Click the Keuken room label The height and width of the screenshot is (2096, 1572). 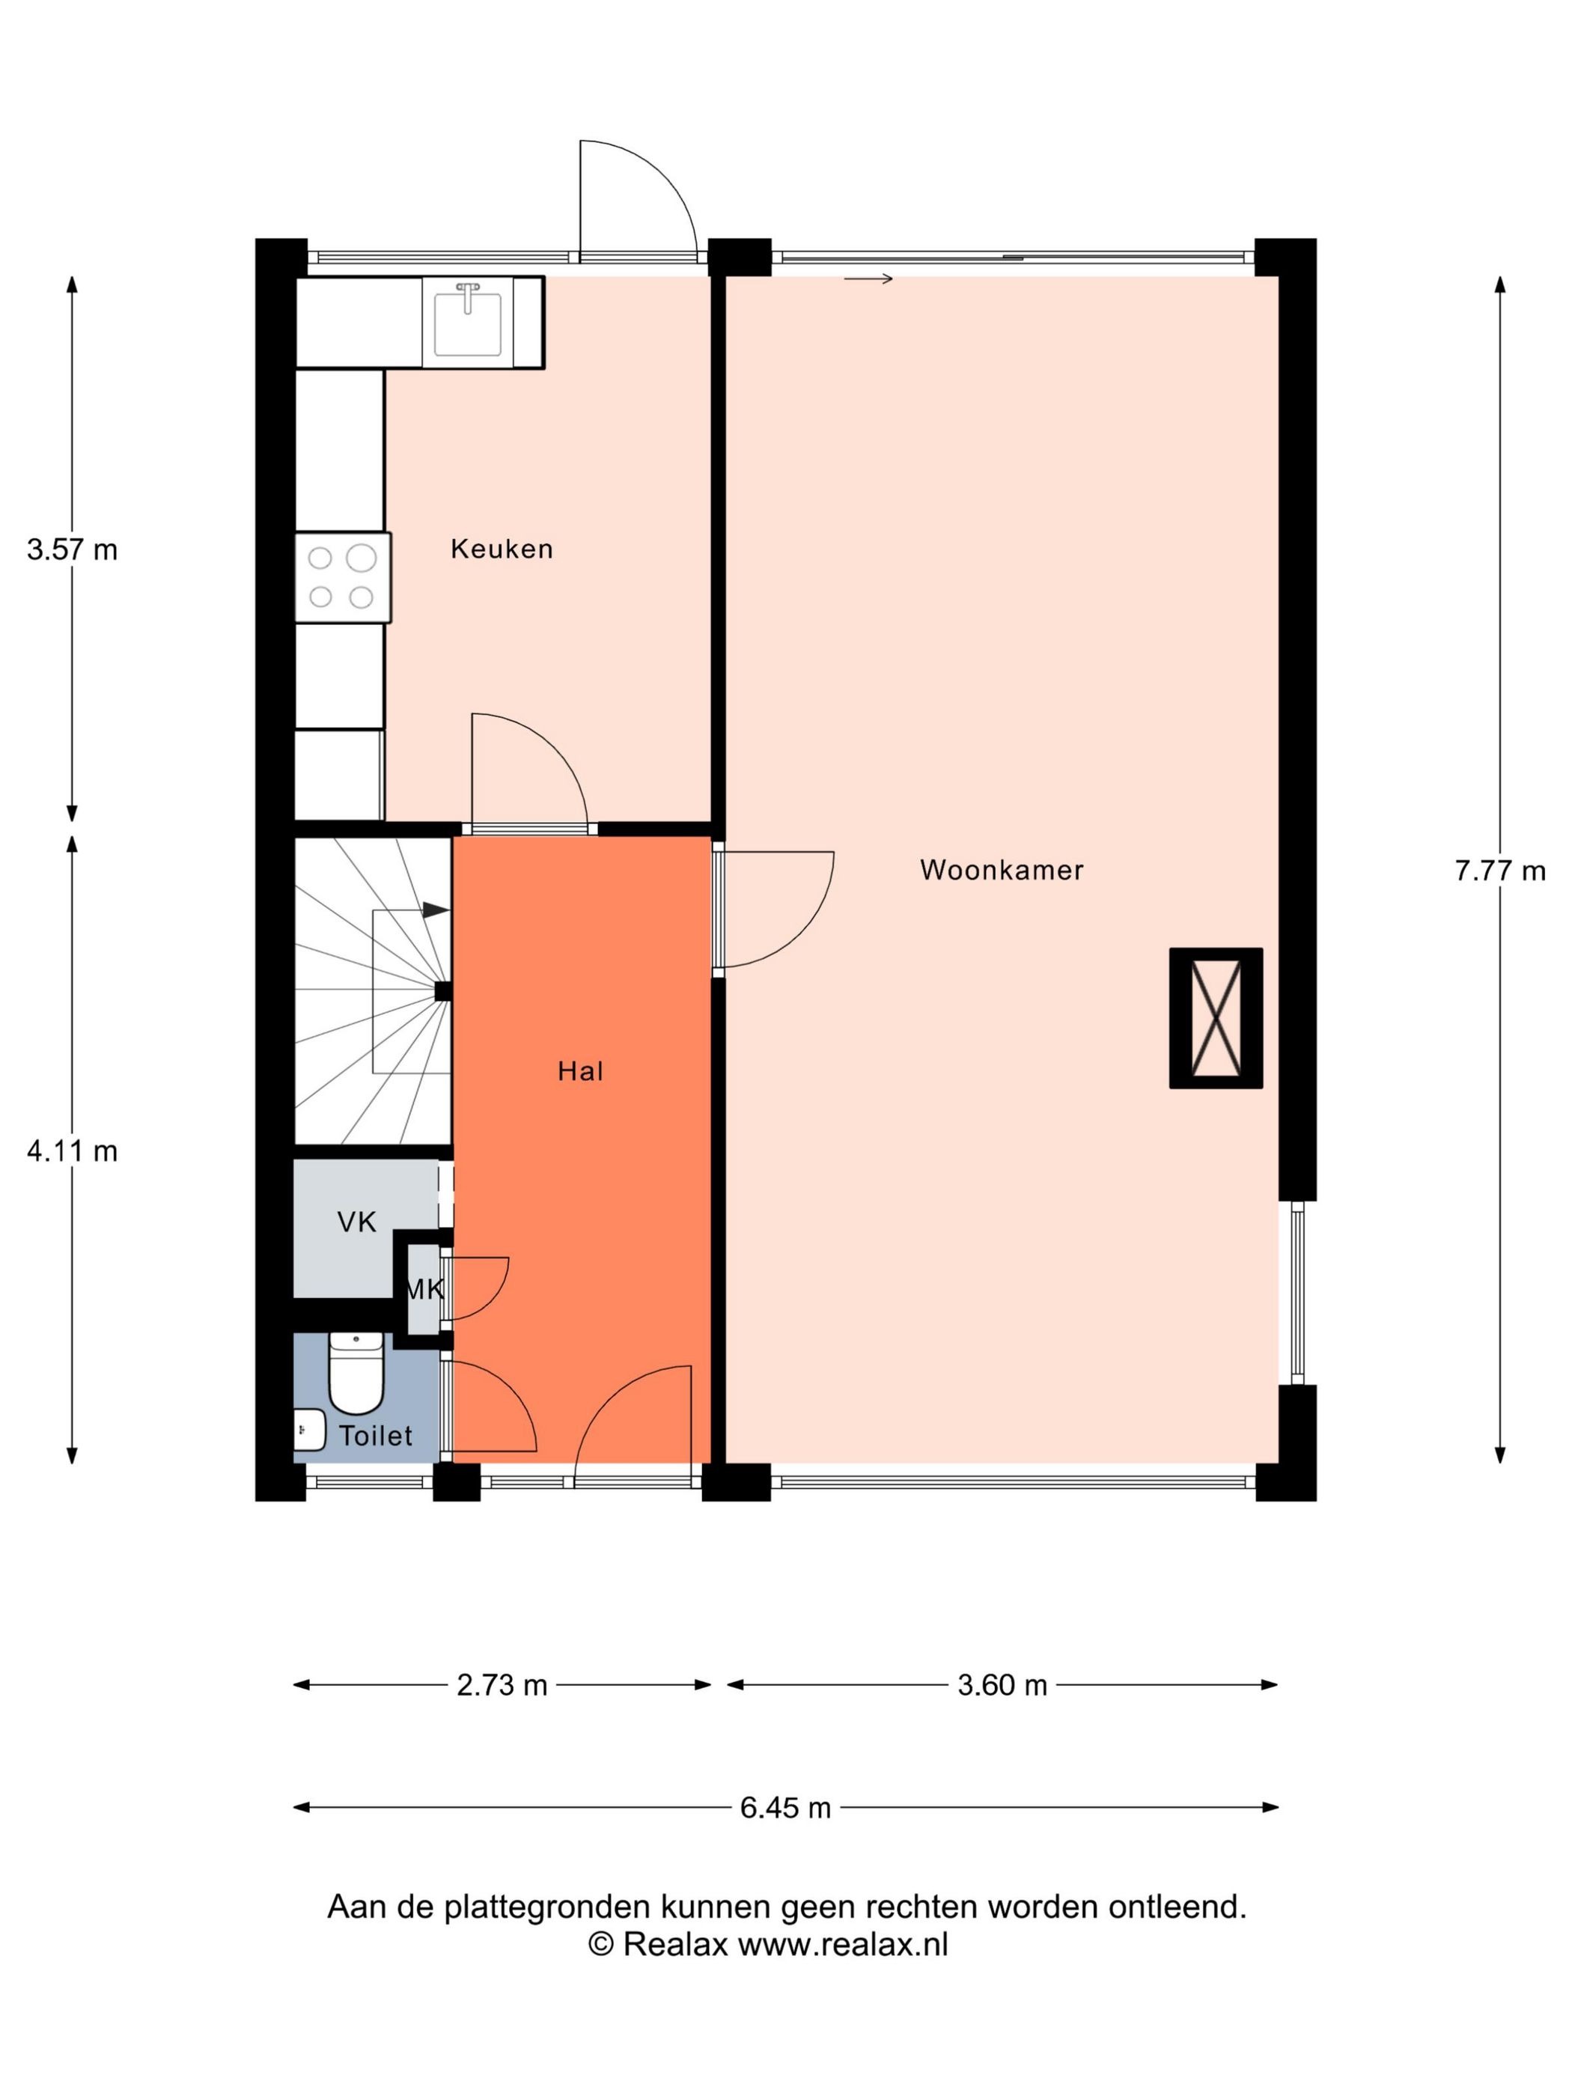[x=502, y=549]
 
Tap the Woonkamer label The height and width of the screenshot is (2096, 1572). [x=1002, y=870]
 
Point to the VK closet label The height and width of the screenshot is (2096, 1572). [x=357, y=1222]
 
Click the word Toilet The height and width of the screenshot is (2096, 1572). [x=377, y=1436]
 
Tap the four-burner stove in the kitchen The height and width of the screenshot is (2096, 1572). [x=343, y=577]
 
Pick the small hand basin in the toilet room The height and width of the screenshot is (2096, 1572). [x=309, y=1429]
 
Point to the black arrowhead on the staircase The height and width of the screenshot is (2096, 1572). [x=436, y=910]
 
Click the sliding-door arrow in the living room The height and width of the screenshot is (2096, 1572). [x=868, y=278]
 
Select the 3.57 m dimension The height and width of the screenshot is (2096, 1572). [x=72, y=549]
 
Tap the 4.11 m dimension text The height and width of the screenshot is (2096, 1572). [x=72, y=1151]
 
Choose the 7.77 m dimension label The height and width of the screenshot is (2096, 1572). [x=1500, y=871]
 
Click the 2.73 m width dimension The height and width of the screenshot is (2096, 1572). [x=502, y=1685]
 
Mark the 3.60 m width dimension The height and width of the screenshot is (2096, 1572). [x=1002, y=1685]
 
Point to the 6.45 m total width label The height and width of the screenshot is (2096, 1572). [x=785, y=1808]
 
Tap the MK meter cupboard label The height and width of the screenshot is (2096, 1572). [x=424, y=1289]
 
